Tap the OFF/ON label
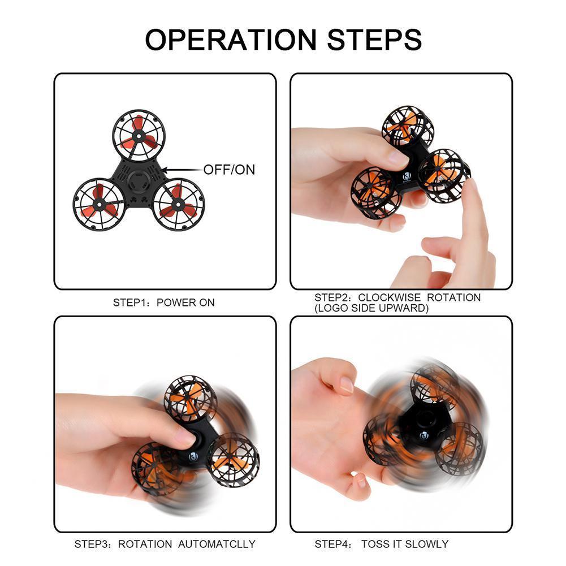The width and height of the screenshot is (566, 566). [x=229, y=169]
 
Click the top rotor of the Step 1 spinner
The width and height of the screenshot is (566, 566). [x=139, y=136]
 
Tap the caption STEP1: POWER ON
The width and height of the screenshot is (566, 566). [x=164, y=303]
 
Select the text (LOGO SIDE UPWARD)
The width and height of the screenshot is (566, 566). [x=371, y=308]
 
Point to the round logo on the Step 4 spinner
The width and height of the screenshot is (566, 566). [x=423, y=435]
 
